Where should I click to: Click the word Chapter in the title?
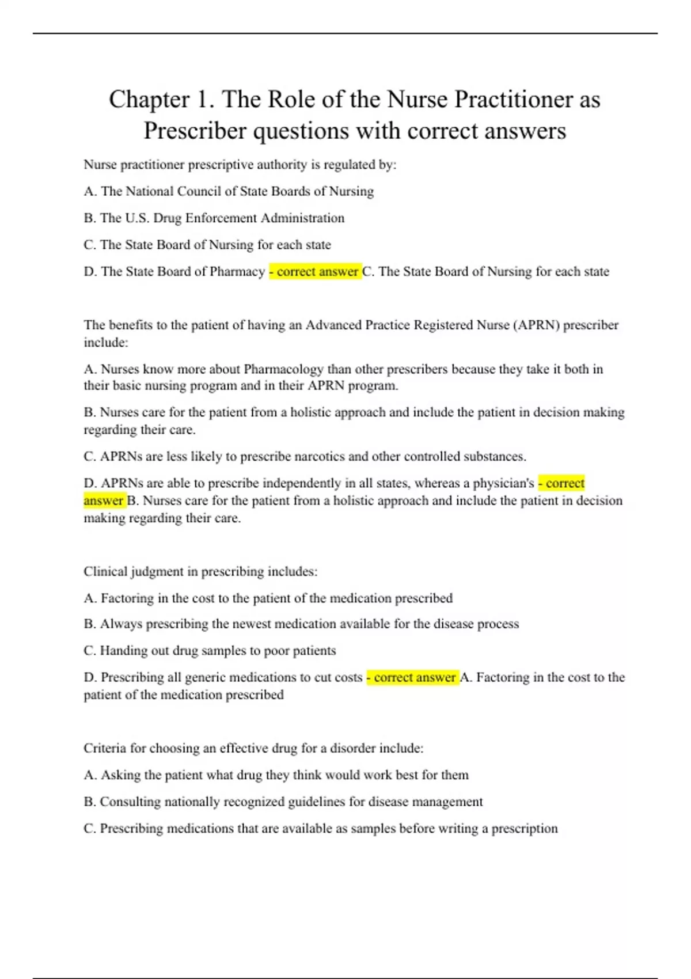pyautogui.click(x=149, y=100)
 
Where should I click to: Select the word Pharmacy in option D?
pyautogui.click(x=237, y=271)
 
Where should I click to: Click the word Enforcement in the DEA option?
pyautogui.click(x=212, y=218)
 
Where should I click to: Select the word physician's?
pyautogui.click(x=503, y=483)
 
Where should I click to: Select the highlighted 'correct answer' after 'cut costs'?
pyautogui.click(x=413, y=677)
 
